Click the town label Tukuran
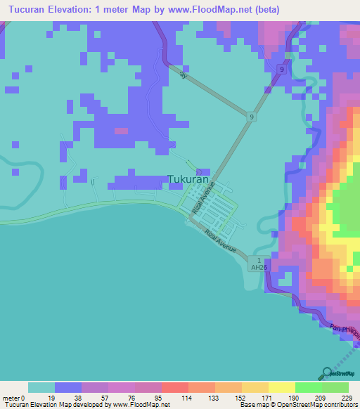click(188, 179)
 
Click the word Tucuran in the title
click(27, 10)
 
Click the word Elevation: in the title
click(77, 10)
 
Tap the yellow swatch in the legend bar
click(281, 387)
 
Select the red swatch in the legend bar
click(174, 387)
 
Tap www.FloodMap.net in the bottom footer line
click(140, 404)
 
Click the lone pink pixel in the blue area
click(122, 131)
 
